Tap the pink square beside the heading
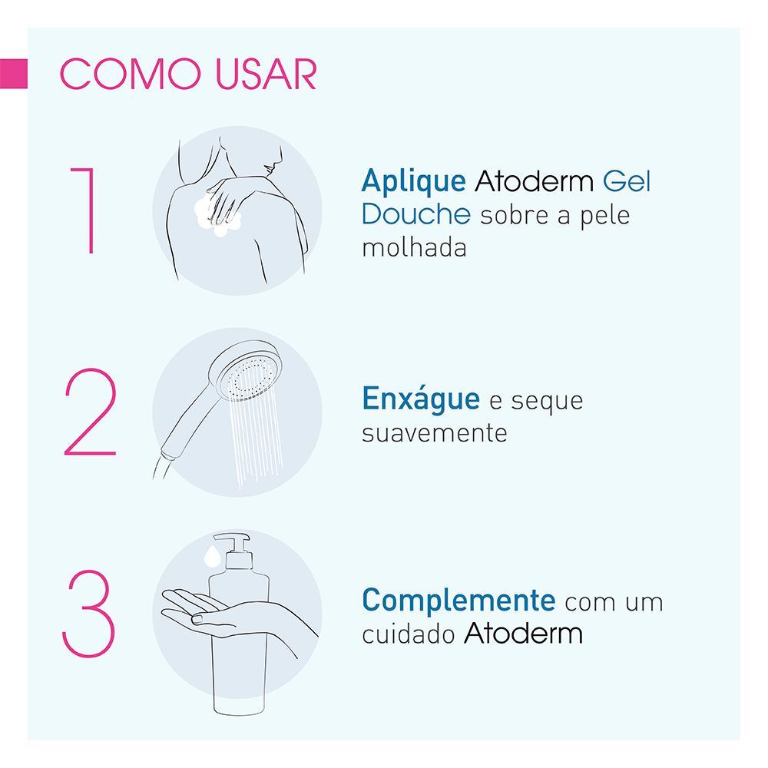[14, 74]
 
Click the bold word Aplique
[413, 183]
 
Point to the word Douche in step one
[415, 215]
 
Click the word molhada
[413, 249]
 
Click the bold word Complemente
[458, 601]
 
